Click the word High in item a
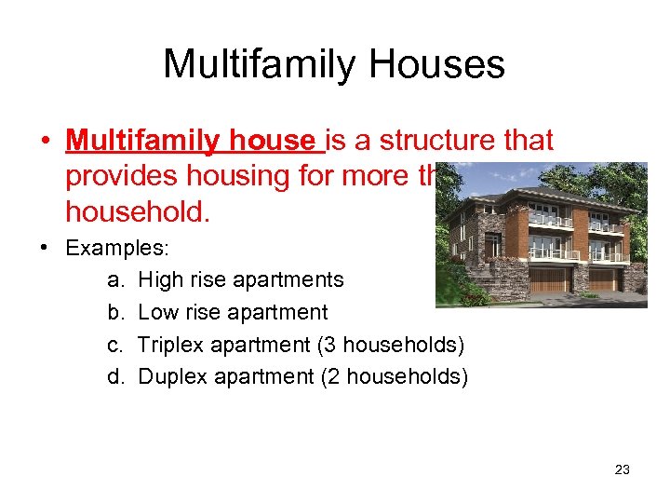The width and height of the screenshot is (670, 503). tap(159, 279)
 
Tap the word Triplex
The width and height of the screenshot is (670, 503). tap(170, 344)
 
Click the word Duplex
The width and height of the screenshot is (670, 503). tap(170, 376)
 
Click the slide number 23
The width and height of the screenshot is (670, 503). tap(623, 469)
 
